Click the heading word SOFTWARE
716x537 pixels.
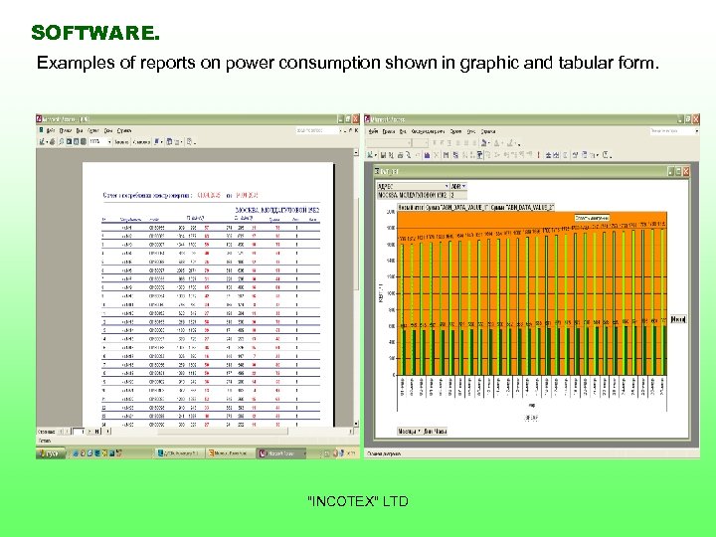94,33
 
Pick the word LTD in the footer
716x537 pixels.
395,501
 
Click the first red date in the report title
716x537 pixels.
211,196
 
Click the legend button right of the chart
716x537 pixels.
678,319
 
